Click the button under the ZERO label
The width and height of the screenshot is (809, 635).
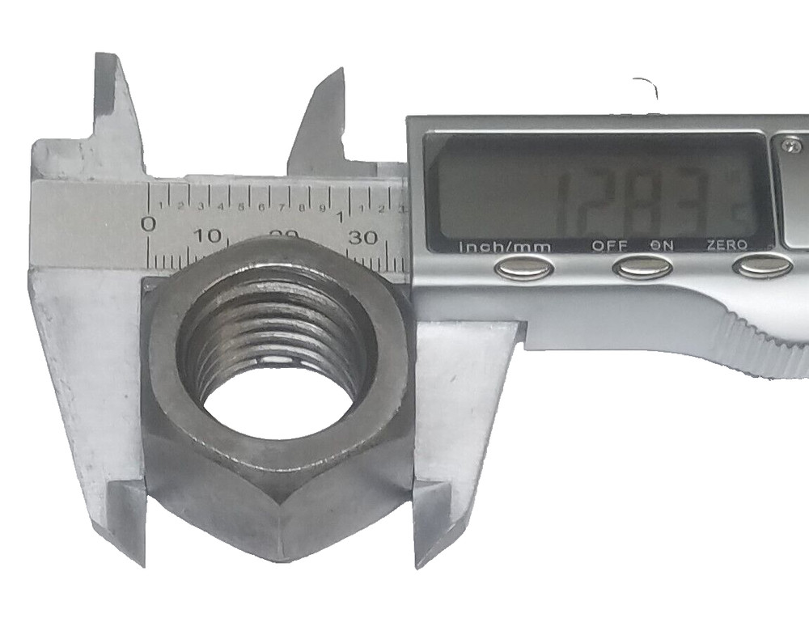click(x=762, y=266)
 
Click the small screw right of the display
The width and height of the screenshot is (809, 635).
click(x=791, y=146)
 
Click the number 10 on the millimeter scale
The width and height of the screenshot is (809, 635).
click(x=208, y=236)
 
